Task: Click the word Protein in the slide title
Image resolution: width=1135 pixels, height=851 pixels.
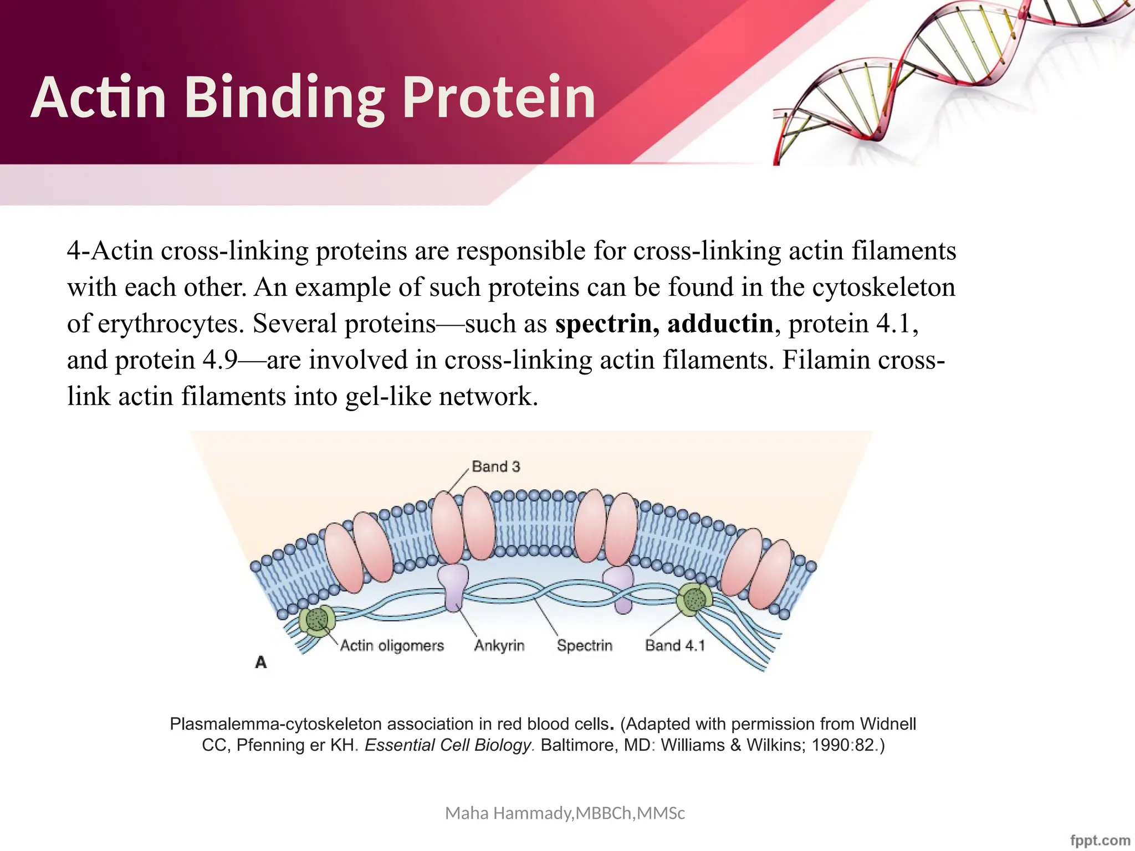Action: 499,98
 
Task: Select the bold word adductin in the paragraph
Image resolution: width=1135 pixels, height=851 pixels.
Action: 720,324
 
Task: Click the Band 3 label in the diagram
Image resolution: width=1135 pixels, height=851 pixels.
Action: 496,466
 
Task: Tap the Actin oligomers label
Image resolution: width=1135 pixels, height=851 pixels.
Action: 392,645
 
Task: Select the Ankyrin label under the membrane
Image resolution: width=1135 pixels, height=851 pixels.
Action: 499,645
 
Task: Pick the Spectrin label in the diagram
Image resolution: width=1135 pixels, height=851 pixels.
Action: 585,645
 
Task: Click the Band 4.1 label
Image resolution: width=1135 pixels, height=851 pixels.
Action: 674,645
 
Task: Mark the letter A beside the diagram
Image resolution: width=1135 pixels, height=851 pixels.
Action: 261,662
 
